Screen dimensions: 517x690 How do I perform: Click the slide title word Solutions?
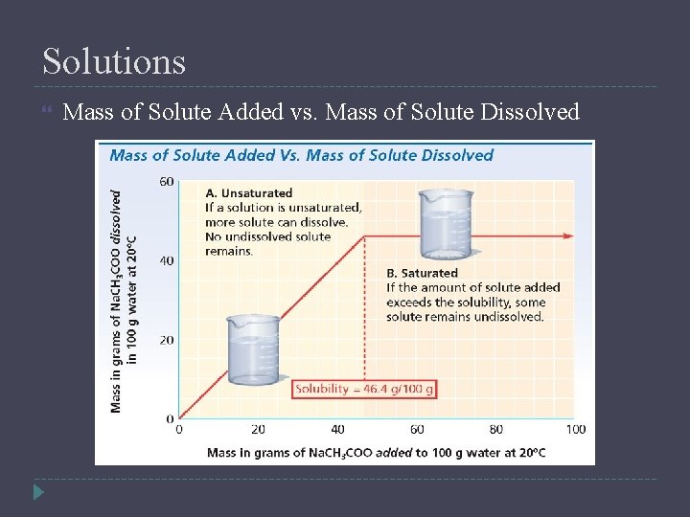pyautogui.click(x=114, y=61)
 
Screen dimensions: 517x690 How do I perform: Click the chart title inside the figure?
pyautogui.click(x=301, y=155)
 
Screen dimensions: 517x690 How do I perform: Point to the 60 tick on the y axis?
pyautogui.click(x=167, y=181)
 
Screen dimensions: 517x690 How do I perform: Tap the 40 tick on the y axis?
pyautogui.click(x=167, y=260)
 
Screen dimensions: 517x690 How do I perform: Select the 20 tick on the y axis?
pyautogui.click(x=167, y=340)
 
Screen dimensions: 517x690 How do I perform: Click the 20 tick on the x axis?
pyautogui.click(x=258, y=430)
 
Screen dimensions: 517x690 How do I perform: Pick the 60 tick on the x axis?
pyautogui.click(x=417, y=430)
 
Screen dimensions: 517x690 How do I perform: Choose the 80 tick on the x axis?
pyautogui.click(x=496, y=430)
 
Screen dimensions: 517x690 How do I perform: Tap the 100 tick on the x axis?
pyautogui.click(x=575, y=430)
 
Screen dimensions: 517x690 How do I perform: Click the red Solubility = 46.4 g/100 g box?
pyautogui.click(x=363, y=389)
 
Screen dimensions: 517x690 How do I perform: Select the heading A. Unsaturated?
pyautogui.click(x=248, y=192)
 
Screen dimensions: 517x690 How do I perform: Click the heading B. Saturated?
pyautogui.click(x=423, y=272)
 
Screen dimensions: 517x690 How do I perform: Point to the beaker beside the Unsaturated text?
pyautogui.click(x=446, y=224)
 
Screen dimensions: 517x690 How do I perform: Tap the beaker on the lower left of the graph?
pyautogui.click(x=253, y=349)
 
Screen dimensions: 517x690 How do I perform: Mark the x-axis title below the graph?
pyautogui.click(x=376, y=452)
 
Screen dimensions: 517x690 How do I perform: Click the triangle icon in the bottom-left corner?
pyautogui.click(x=37, y=494)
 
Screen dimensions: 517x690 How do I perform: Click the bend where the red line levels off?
pyautogui.click(x=364, y=236)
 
